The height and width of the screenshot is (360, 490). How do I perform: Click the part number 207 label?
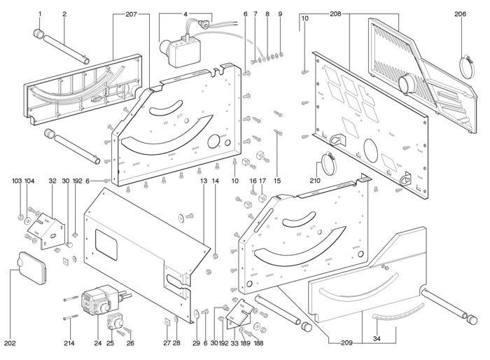[x=132, y=15]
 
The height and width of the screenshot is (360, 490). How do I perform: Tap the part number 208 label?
[x=335, y=14]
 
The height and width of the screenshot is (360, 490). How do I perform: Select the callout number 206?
[x=461, y=14]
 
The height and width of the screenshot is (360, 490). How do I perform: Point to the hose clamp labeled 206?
[x=467, y=66]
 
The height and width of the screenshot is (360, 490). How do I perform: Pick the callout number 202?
[x=10, y=343]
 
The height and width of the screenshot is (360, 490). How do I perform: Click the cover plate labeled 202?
[x=32, y=268]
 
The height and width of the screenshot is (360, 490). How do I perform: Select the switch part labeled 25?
[x=115, y=321]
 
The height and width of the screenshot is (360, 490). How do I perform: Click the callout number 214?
[x=69, y=343]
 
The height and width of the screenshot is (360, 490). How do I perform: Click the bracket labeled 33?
[x=239, y=314]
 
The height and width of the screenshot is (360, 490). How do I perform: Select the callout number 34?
[x=377, y=338]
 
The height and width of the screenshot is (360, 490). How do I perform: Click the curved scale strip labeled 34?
[x=398, y=312]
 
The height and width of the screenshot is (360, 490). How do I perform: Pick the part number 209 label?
[x=347, y=343]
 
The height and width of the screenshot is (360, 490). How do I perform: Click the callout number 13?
[x=204, y=181]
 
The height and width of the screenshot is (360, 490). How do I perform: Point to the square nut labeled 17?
[x=262, y=198]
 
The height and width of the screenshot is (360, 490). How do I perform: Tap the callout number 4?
[x=185, y=15]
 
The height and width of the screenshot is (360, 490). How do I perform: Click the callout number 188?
[x=258, y=343]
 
